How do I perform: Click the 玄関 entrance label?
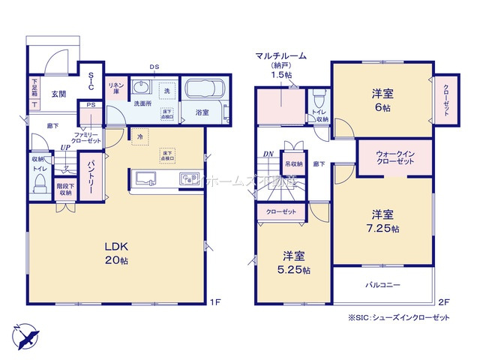click(x=60, y=94)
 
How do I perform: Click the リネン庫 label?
click(x=115, y=88)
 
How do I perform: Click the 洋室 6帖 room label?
click(x=382, y=100)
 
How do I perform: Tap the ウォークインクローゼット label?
click(x=394, y=157)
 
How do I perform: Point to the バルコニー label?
click(x=383, y=285)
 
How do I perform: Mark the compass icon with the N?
click(x=25, y=334)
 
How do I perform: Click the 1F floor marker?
click(x=215, y=303)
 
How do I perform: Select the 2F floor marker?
click(x=442, y=303)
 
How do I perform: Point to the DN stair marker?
click(x=268, y=155)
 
